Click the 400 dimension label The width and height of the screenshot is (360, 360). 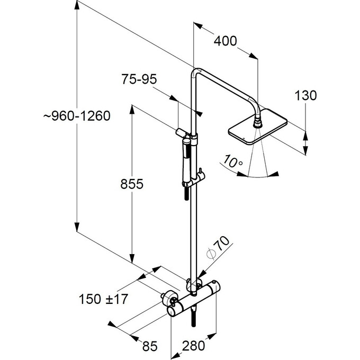pyautogui.click(x=226, y=41)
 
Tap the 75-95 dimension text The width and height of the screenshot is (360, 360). pyautogui.click(x=139, y=79)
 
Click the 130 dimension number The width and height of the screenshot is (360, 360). pyautogui.click(x=305, y=96)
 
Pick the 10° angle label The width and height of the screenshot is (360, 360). pyautogui.click(x=233, y=160)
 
